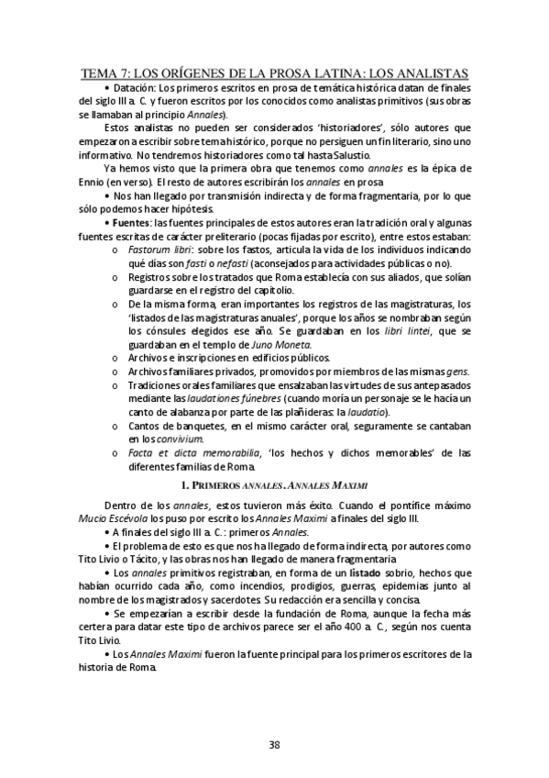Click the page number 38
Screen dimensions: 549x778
click(x=274, y=744)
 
